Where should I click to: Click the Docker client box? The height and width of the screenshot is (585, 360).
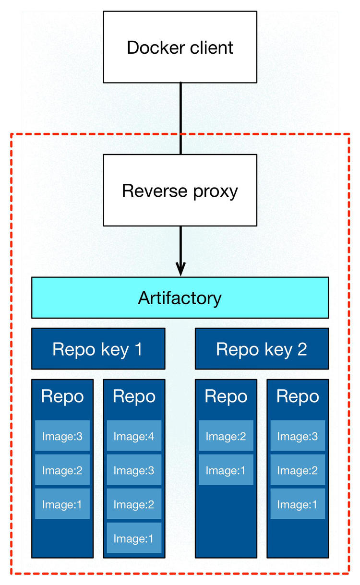[x=180, y=47]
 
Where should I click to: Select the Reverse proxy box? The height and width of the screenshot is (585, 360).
[x=180, y=191]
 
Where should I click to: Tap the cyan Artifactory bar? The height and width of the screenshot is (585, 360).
[x=180, y=298]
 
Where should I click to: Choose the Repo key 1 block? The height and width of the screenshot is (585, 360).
[x=98, y=349]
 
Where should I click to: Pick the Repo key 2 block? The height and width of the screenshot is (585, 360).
[x=262, y=349]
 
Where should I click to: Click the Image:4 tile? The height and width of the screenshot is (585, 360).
[x=134, y=436]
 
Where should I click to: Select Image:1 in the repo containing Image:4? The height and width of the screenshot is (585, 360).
[x=134, y=538]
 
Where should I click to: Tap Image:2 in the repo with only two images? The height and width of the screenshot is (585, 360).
[x=226, y=436]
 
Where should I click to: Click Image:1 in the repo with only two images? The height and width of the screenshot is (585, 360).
[x=226, y=470]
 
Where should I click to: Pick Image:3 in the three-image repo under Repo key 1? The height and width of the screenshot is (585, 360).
[x=62, y=436]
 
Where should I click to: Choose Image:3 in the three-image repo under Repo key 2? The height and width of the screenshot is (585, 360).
[x=298, y=436]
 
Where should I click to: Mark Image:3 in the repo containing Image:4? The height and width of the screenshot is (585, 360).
[x=134, y=470]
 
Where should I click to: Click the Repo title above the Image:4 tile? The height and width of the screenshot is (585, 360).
[x=134, y=396]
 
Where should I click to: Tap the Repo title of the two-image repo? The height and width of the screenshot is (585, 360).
[x=226, y=396]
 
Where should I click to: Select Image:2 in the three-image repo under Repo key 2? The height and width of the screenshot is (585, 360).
[x=298, y=470]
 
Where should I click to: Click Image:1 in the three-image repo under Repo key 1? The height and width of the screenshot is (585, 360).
[x=62, y=504]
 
